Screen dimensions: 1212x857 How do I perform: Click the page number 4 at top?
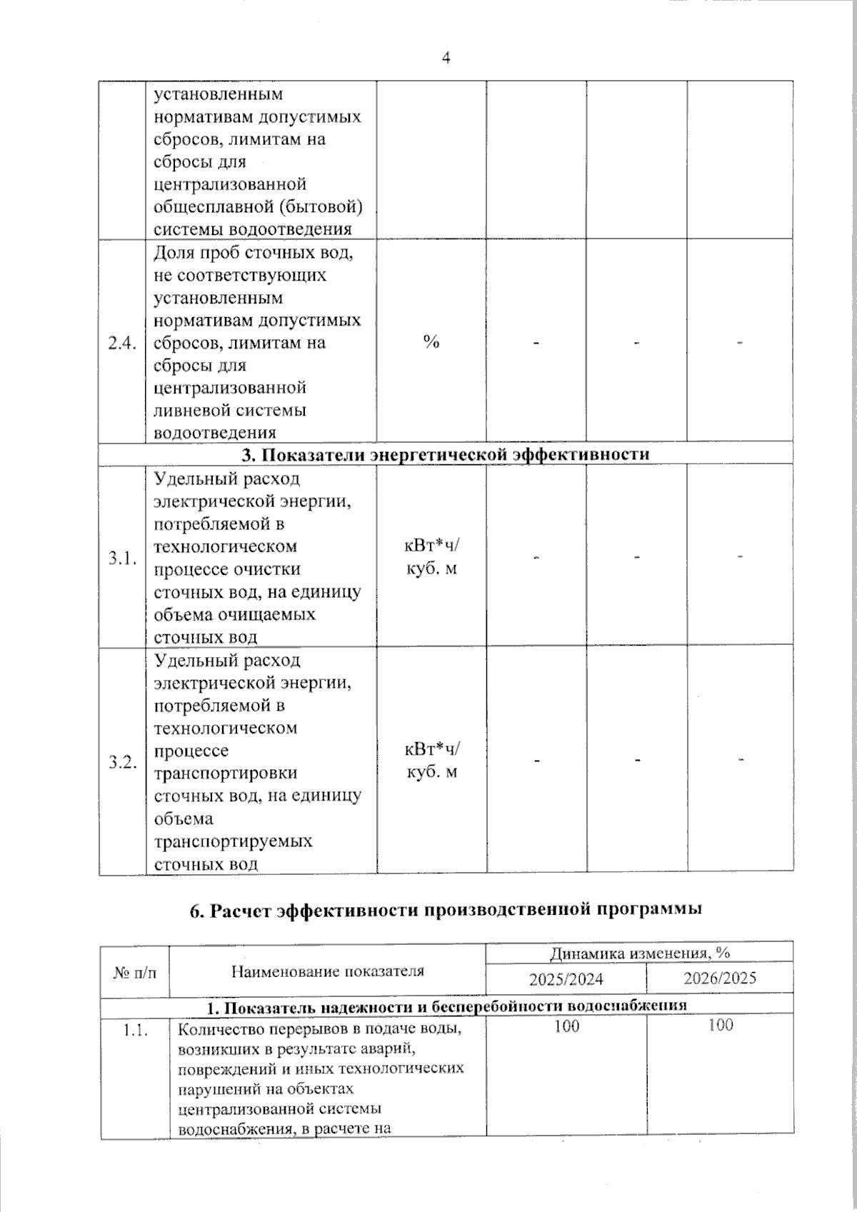click(446, 58)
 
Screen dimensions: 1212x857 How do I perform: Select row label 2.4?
click(121, 344)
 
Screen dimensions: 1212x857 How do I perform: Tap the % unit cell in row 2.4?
click(431, 342)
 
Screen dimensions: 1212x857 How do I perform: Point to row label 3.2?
click(122, 762)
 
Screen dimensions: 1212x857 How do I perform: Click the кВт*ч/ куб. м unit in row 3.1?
click(432, 557)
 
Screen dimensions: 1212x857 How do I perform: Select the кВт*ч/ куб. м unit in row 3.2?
click(432, 761)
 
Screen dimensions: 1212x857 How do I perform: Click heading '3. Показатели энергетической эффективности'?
click(446, 454)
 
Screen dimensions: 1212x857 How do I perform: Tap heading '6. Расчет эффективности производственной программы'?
click(446, 909)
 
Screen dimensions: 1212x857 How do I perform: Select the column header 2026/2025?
click(719, 978)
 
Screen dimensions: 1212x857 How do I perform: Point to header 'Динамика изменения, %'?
click(639, 953)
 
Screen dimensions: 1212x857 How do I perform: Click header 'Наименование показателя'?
click(327, 971)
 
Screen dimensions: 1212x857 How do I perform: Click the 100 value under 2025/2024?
click(566, 1026)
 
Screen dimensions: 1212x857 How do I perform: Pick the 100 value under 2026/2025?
click(720, 1026)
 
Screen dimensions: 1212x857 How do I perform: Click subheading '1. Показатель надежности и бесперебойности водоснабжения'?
click(446, 1006)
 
